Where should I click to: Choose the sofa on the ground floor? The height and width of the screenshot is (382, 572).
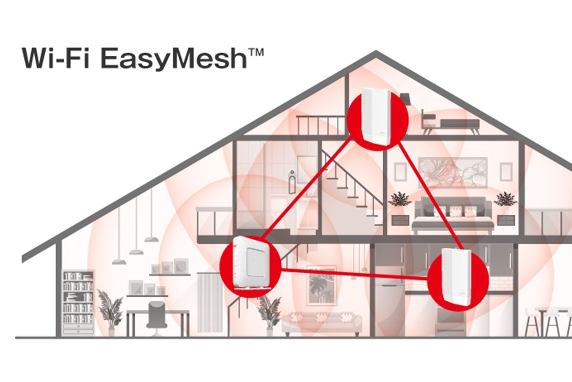tap(321, 324)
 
